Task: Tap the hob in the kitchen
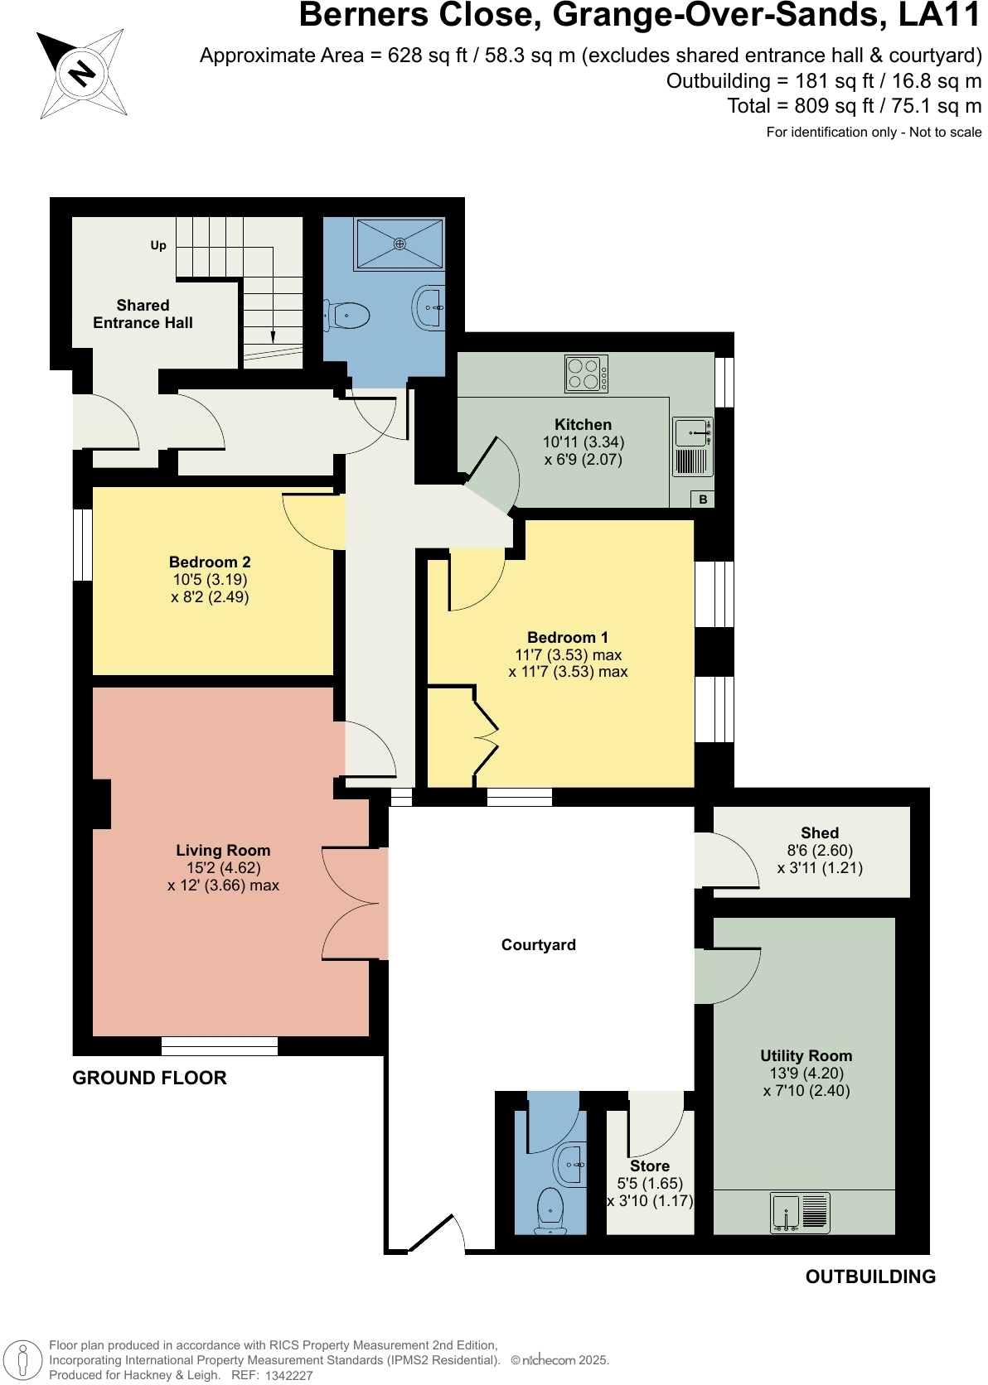click(586, 374)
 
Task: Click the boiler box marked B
click(703, 499)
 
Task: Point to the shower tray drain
click(400, 244)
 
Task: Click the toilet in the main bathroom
click(349, 315)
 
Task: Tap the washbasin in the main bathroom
click(429, 307)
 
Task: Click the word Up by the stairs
click(158, 245)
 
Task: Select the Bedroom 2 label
click(210, 562)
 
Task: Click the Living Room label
click(223, 850)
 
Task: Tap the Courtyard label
click(538, 944)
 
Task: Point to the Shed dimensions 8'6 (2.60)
click(819, 850)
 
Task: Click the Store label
click(650, 1165)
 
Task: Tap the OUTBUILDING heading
click(870, 1276)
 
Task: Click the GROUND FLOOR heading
click(149, 1078)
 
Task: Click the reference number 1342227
click(288, 1375)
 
